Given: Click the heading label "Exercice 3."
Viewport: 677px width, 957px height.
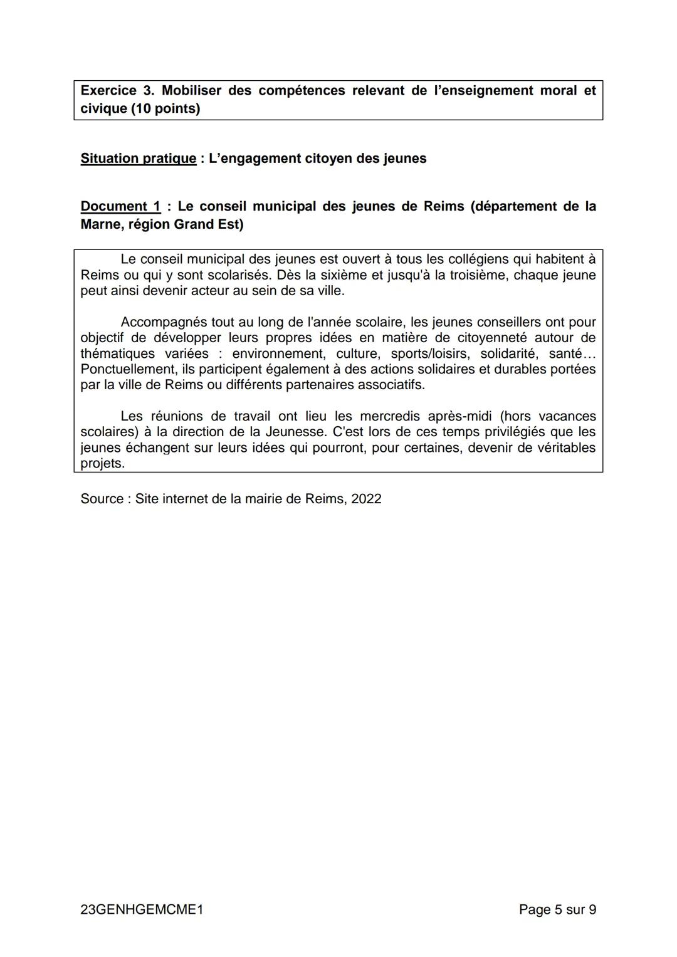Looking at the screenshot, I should [117, 90].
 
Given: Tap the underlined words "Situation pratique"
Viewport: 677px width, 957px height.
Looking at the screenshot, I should [138, 158].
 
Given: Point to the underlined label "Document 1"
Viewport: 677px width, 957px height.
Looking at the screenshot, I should [120, 206].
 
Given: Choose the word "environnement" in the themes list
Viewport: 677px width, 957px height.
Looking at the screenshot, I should [278, 353].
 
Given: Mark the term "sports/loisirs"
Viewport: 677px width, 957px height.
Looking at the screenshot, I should [429, 353].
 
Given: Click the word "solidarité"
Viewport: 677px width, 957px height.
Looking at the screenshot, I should [508, 353].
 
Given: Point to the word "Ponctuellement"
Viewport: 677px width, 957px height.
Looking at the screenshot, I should [127, 369].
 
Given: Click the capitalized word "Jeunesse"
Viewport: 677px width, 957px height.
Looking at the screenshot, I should [295, 431].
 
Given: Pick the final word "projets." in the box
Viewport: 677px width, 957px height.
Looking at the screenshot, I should [103, 463].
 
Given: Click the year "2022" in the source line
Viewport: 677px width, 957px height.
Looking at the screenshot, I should [366, 498].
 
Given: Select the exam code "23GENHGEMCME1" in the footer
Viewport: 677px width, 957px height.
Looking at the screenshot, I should [142, 909].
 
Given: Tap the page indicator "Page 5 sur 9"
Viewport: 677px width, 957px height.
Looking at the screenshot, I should [557, 909].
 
